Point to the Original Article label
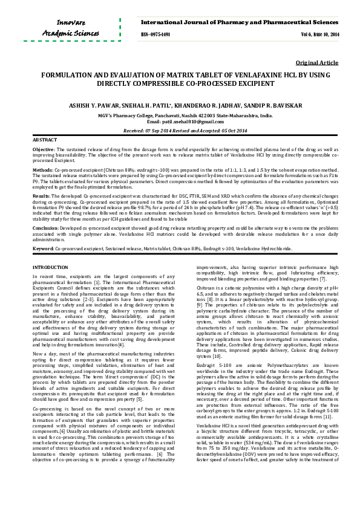coord(317,63)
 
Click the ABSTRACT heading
coord(44,140)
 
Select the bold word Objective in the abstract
coord(43,149)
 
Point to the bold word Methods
coord(42,170)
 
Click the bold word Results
coord(41,196)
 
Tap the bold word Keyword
coord(42,248)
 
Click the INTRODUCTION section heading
coord(54,267)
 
